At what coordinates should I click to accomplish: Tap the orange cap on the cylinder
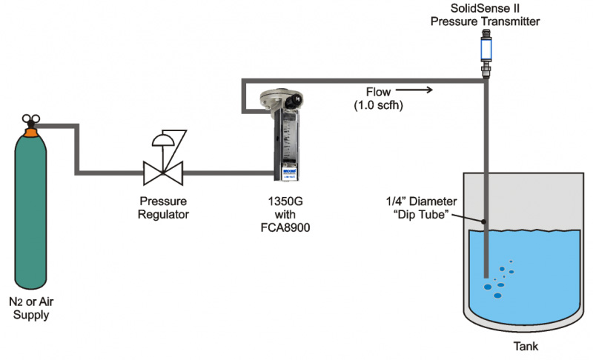pyautogui.click(x=31, y=133)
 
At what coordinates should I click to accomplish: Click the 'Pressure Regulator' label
pyautogui.click(x=165, y=207)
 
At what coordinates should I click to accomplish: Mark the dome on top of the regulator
pyautogui.click(x=164, y=141)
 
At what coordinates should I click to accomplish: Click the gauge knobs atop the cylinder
pyautogui.click(x=30, y=119)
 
